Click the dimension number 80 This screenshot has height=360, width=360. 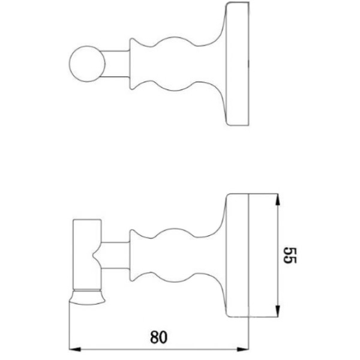coord(158,337)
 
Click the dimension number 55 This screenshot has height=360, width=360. coord(290,256)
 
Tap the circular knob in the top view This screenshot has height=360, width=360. coord(87,64)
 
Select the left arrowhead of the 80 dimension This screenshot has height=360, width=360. coord(75,349)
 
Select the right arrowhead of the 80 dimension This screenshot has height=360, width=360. coord(243,349)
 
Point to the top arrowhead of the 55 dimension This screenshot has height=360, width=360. coord(278,200)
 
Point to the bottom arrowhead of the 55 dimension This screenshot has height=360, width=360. coord(278,311)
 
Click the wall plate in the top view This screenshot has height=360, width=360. coord(238,64)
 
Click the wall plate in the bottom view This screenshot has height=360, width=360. coord(238,256)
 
